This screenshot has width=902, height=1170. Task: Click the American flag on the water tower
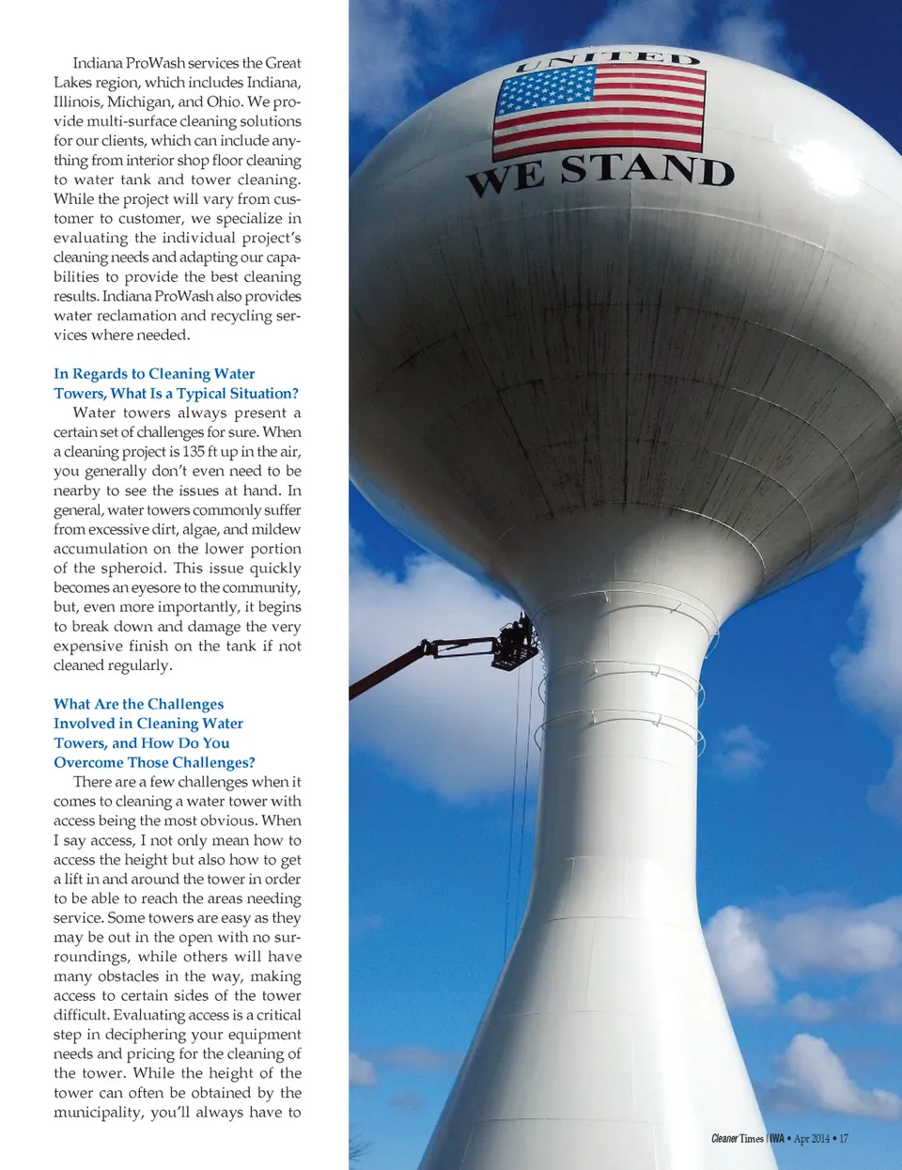point(599,110)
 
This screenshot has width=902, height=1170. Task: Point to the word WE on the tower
point(505,179)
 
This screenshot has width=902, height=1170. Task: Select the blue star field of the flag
point(546,91)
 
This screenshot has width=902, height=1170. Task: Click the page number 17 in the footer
point(844,1139)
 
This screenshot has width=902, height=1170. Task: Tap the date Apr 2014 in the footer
point(812,1139)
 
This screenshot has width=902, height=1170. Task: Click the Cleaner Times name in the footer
point(738,1139)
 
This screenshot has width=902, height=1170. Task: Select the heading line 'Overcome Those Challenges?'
point(154,762)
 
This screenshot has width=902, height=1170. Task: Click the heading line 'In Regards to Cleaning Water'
point(154,374)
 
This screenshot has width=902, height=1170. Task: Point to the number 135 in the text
point(194,452)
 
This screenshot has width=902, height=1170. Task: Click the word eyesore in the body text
point(156,588)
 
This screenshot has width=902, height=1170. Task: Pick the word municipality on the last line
point(98,1113)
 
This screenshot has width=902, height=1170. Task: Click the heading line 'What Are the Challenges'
point(138,704)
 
